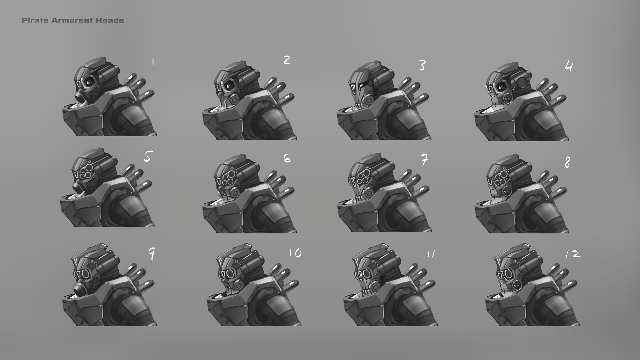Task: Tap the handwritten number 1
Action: (153, 61)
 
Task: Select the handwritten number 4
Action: (569, 66)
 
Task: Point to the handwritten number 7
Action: (424, 161)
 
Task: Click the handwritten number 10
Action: (295, 253)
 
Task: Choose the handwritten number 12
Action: (573, 255)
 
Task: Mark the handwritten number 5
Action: (148, 156)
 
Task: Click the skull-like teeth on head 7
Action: (360, 200)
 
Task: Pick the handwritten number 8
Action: (567, 163)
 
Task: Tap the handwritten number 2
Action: (287, 60)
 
